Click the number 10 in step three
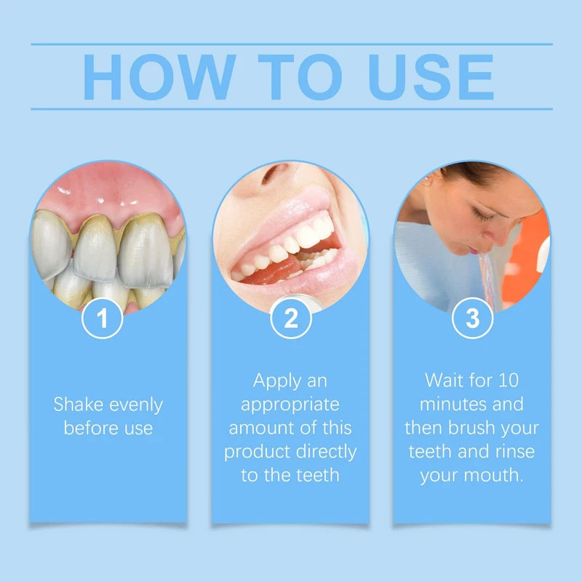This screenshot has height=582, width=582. pos(508,380)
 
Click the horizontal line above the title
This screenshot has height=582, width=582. pos(291,44)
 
